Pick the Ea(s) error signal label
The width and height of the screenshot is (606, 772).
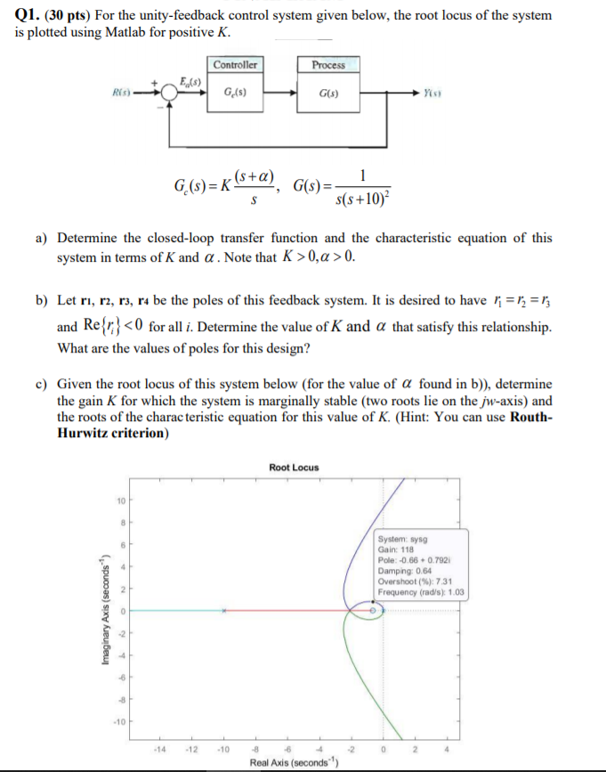(x=190, y=81)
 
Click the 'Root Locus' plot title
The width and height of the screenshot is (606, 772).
(x=294, y=467)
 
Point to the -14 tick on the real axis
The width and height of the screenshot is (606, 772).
(x=159, y=748)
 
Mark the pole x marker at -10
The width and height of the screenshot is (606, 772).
(x=224, y=611)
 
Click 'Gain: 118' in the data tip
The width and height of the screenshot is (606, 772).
(x=398, y=549)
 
